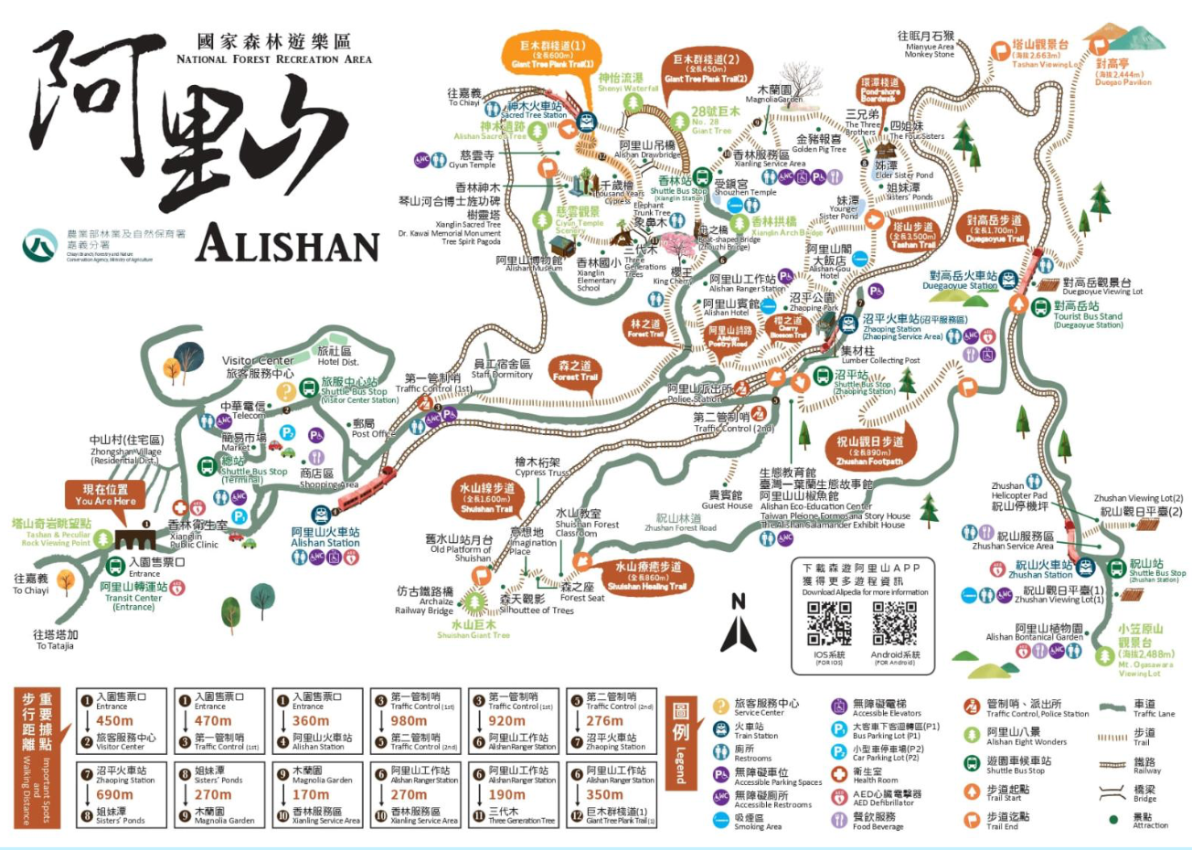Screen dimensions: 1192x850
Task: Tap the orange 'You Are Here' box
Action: point(105,494)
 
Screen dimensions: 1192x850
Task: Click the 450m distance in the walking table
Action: point(114,721)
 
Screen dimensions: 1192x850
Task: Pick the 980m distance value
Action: point(409,721)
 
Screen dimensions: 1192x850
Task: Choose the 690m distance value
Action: point(114,795)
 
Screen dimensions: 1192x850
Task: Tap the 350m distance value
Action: point(604,795)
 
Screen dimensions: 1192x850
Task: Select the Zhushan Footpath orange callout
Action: point(869,451)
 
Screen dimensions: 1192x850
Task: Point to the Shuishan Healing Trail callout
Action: point(647,577)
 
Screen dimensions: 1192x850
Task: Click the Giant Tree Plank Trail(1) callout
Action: point(553,54)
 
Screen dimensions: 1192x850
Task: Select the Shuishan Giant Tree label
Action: point(473,630)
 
